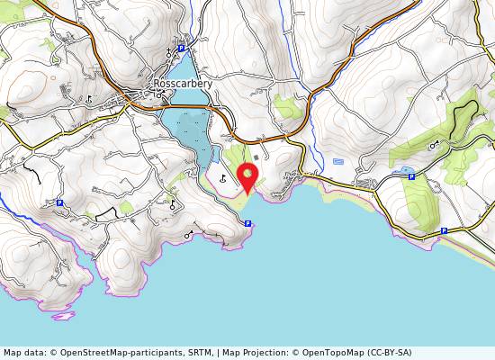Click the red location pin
pyautogui.click(x=246, y=175)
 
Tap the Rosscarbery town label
pyautogui.click(x=183, y=84)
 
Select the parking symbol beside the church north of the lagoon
pyautogui.click(x=180, y=48)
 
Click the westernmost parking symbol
pyautogui.click(x=59, y=203)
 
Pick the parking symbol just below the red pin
pyautogui.click(x=247, y=222)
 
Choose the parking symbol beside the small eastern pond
pyautogui.click(x=411, y=176)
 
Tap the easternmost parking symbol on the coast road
pyautogui.click(x=444, y=230)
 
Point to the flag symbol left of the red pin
pyautogui.click(x=222, y=177)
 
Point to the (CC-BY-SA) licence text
pyautogui.click(x=393, y=353)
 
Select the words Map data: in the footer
pyautogui.click(x=23, y=353)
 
